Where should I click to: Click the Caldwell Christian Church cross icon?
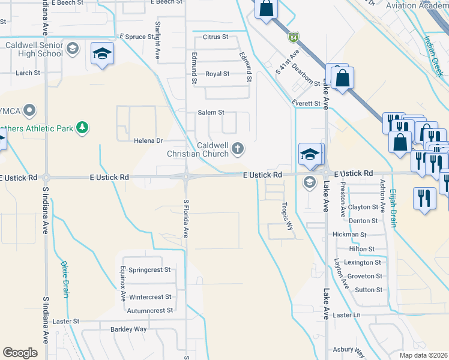pyautogui.click(x=238, y=148)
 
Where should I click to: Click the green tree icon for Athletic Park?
pyautogui.click(x=82, y=128)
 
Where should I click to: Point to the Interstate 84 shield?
pyautogui.click(x=292, y=38)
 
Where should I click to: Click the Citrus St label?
pyautogui.click(x=216, y=37)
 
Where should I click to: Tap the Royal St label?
pyautogui.click(x=217, y=74)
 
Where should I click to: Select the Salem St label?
pyautogui.click(x=211, y=112)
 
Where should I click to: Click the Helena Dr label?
pyautogui.click(x=148, y=141)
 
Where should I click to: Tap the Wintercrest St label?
pyautogui.click(x=150, y=297)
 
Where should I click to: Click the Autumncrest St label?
pyautogui.click(x=149, y=311)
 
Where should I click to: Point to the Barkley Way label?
pyautogui.click(x=128, y=329)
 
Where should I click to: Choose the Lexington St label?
pyautogui.click(x=362, y=263)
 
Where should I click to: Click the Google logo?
pyautogui.click(x=20, y=353)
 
